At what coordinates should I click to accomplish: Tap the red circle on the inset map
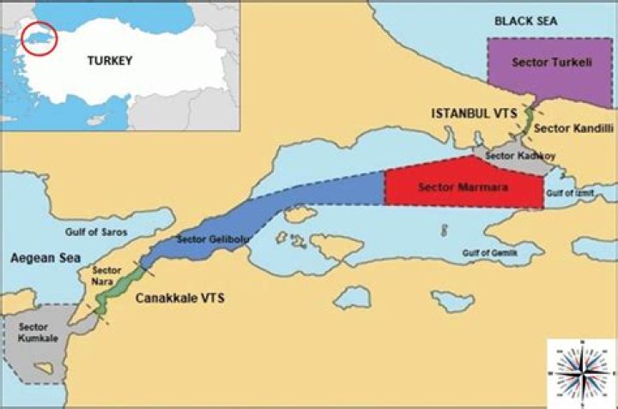pos(39,38)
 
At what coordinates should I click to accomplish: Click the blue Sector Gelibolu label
pos(211,238)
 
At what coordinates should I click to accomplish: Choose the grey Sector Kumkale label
pos(33,333)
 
